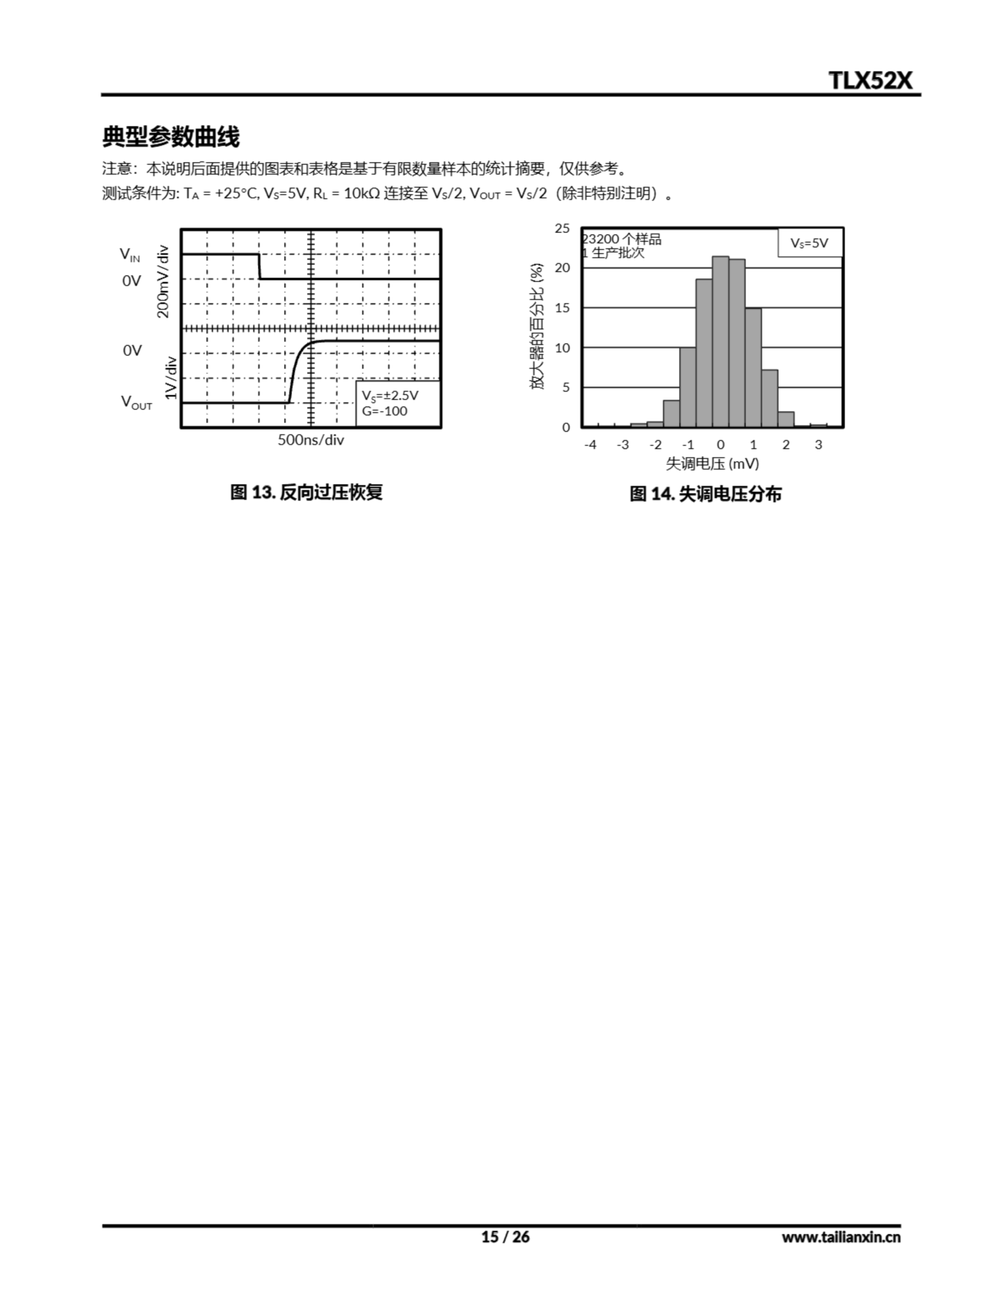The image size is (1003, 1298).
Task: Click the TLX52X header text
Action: click(x=870, y=80)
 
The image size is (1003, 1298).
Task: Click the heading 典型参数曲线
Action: click(x=171, y=137)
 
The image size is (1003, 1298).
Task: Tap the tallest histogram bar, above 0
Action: click(x=720, y=341)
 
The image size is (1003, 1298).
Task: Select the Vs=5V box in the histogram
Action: click(x=809, y=242)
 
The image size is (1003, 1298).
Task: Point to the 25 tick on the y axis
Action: click(x=562, y=228)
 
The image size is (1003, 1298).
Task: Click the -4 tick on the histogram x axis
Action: click(x=590, y=445)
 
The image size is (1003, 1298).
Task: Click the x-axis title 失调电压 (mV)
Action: click(x=711, y=463)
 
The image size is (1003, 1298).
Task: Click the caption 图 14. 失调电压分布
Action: click(x=705, y=494)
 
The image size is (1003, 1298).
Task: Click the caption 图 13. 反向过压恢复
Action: click(x=306, y=492)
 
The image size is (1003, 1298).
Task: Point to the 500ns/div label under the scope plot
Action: click(x=310, y=440)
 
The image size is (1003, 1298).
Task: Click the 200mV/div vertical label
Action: click(x=163, y=282)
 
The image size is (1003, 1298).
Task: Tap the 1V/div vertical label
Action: click(x=171, y=377)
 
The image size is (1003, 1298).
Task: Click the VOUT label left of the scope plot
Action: click(x=137, y=403)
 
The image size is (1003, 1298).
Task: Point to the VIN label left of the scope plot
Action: click(x=130, y=255)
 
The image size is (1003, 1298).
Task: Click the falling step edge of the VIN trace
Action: click(x=260, y=266)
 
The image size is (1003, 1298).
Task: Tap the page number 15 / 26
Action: click(x=505, y=1237)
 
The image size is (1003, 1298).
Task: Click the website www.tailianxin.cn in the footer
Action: click(x=841, y=1237)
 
